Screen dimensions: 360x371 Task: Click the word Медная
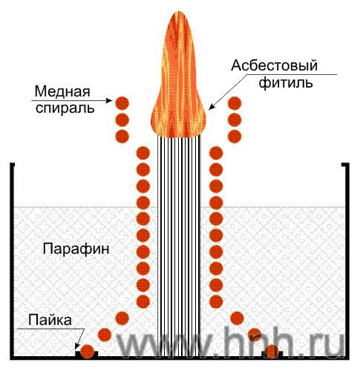pyautogui.click(x=62, y=92)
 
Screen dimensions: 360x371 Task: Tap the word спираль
pyautogui.click(x=65, y=108)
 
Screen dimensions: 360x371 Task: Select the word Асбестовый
pyautogui.click(x=274, y=66)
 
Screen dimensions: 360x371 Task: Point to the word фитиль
pyautogui.click(x=286, y=82)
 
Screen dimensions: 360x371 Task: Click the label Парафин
pyautogui.click(x=76, y=249)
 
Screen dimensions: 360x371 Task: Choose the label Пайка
pyautogui.click(x=50, y=320)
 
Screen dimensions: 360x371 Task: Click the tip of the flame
pyautogui.click(x=179, y=12)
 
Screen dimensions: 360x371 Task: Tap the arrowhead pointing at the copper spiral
pyautogui.click(x=110, y=100)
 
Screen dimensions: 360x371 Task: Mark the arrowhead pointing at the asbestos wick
pyautogui.click(x=212, y=106)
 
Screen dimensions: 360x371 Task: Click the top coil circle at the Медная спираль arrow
pyautogui.click(x=122, y=103)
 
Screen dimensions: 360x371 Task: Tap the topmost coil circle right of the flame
pyautogui.click(x=235, y=103)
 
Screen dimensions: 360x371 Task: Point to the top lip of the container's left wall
pyautogui.click(x=13, y=165)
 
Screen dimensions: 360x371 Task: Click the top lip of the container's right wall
pyautogui.click(x=345, y=165)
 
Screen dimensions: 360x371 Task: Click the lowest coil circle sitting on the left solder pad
pyautogui.click(x=88, y=351)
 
